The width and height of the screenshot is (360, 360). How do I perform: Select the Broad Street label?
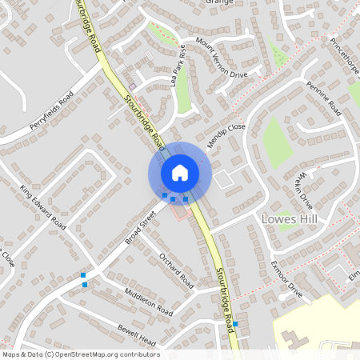(x=139, y=227)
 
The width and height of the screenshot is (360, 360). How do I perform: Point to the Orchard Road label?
(x=176, y=270)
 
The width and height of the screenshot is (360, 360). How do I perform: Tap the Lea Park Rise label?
(x=178, y=75)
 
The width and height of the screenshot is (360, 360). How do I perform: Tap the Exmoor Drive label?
(x=286, y=279)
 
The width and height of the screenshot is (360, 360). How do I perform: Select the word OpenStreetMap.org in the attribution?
(x=94, y=354)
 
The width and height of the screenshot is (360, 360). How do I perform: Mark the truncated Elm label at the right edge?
(x=354, y=275)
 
